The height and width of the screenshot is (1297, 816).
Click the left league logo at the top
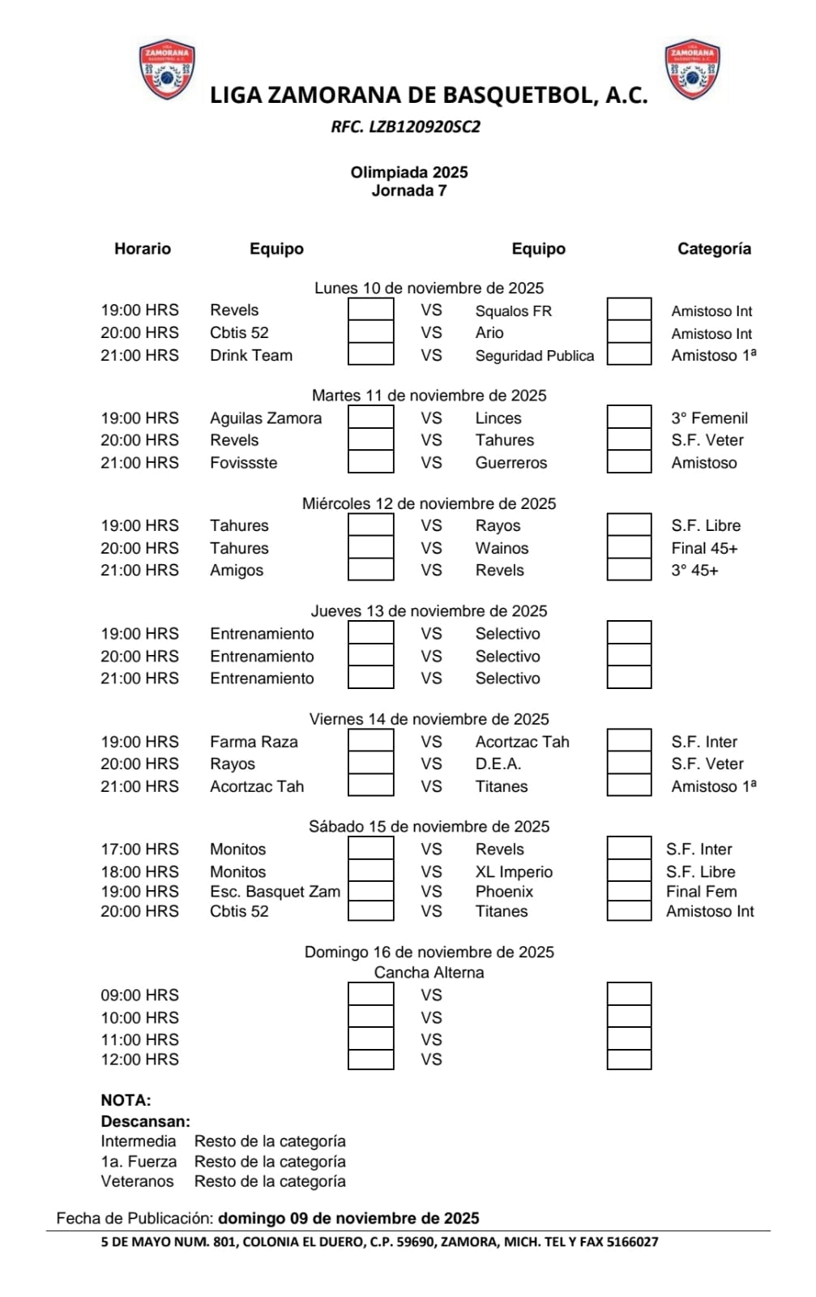(x=167, y=69)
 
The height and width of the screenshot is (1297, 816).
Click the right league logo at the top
(x=692, y=69)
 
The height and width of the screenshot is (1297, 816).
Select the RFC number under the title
(x=405, y=126)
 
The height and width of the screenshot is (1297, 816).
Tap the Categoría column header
(x=714, y=249)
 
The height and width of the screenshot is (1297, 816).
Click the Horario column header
(x=143, y=249)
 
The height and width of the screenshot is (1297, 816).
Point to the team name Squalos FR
(x=513, y=311)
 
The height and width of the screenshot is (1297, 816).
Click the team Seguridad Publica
(x=534, y=356)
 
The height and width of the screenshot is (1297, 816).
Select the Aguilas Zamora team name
(x=266, y=418)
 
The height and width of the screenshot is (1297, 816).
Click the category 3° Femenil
(x=709, y=418)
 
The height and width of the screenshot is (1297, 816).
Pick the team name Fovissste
(x=243, y=463)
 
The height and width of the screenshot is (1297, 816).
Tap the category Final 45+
(x=704, y=549)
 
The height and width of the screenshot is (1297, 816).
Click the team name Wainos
(x=502, y=549)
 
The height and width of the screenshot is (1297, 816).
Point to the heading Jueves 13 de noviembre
(x=429, y=611)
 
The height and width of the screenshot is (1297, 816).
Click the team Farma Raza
(x=254, y=742)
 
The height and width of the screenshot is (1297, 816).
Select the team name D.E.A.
(x=498, y=764)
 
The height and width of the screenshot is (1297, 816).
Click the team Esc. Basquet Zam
(x=275, y=892)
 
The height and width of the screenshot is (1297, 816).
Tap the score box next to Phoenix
(x=629, y=892)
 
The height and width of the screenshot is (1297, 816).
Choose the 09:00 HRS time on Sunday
(x=139, y=995)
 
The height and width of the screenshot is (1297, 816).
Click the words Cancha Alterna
(x=429, y=973)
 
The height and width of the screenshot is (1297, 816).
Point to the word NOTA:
(x=126, y=1101)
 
